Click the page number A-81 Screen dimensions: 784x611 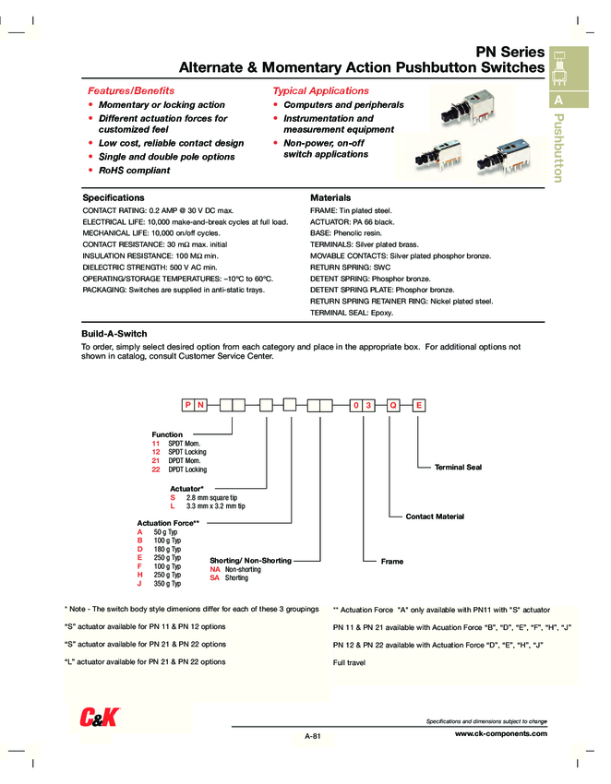[x=312, y=736]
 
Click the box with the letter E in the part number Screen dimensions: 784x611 [x=419, y=405]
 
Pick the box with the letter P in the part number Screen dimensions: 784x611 [x=187, y=405]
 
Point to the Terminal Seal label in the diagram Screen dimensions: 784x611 [x=458, y=468]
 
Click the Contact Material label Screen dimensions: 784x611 [x=435, y=517]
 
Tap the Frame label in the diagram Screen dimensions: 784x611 [x=391, y=561]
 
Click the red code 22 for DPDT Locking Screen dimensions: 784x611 [x=156, y=469]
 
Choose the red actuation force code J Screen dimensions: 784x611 [x=139, y=584]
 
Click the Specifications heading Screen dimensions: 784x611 [x=114, y=198]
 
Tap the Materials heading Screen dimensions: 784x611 [x=330, y=198]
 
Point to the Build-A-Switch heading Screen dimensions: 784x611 [x=114, y=333]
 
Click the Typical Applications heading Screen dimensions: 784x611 [x=320, y=91]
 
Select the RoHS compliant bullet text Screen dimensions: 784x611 [x=135, y=171]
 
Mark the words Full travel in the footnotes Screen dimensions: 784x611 [x=351, y=663]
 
